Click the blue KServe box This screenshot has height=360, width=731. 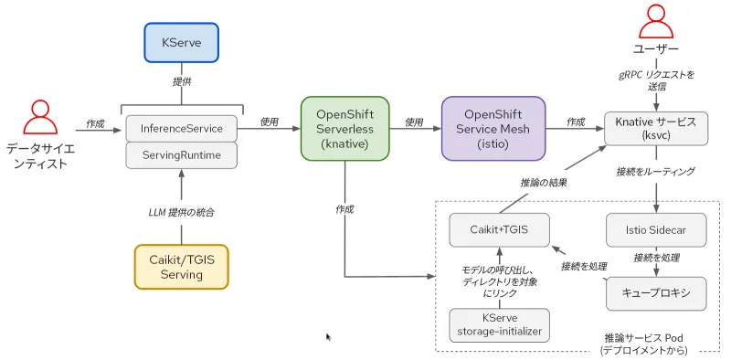click(181, 43)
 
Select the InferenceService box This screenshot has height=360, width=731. click(181, 128)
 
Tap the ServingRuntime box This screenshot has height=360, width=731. click(181, 155)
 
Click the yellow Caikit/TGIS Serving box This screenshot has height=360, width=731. click(181, 266)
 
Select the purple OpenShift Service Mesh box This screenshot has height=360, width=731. click(493, 129)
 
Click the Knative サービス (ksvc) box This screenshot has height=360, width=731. click(656, 129)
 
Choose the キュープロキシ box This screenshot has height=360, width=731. click(656, 293)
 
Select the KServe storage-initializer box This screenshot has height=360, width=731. click(499, 325)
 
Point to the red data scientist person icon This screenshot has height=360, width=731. click(41, 116)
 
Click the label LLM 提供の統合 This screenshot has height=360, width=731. click(181, 212)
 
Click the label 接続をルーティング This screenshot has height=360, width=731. click(655, 171)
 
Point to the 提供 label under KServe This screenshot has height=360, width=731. click(181, 81)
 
